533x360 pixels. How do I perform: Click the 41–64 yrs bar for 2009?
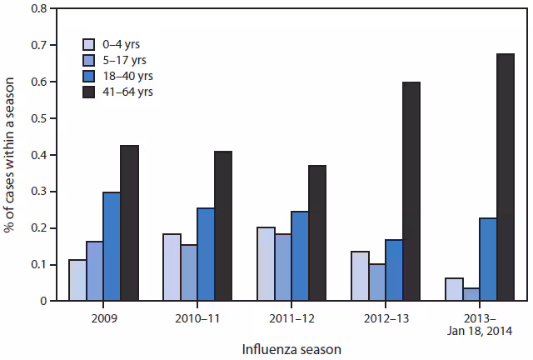pos(129,223)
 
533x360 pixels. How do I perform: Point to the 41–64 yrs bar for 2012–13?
pos(412,192)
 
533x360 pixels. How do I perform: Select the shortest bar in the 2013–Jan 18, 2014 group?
pos(471,294)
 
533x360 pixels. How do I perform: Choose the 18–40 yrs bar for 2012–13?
pos(394,270)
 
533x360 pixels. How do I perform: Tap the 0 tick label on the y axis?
pos(42,301)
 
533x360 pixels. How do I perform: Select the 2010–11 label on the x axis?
pos(197,317)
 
